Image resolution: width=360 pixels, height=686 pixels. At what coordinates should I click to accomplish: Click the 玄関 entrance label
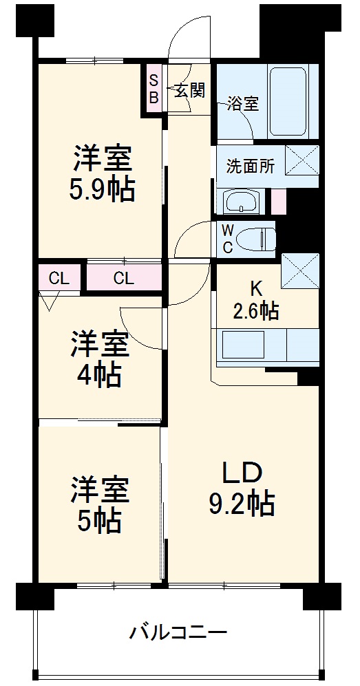click(x=189, y=90)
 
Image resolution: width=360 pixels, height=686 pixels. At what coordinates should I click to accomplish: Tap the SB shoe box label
click(x=153, y=88)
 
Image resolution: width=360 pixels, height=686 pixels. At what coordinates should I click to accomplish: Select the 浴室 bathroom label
click(x=244, y=104)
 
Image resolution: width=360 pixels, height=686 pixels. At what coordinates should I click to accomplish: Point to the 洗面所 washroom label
click(x=251, y=167)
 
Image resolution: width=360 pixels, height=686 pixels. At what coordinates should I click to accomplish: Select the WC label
click(x=227, y=239)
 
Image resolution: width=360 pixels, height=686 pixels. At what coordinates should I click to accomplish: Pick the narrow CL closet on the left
click(x=59, y=279)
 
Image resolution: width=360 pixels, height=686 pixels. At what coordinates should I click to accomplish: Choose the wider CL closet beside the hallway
click(x=123, y=279)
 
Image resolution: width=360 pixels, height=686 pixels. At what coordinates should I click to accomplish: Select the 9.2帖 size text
click(x=242, y=505)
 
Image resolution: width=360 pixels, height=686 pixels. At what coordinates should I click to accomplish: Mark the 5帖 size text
click(x=99, y=521)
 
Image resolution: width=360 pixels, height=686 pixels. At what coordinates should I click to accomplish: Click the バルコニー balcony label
click(x=178, y=632)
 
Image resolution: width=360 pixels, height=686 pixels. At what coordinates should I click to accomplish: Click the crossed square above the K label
click(x=300, y=270)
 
